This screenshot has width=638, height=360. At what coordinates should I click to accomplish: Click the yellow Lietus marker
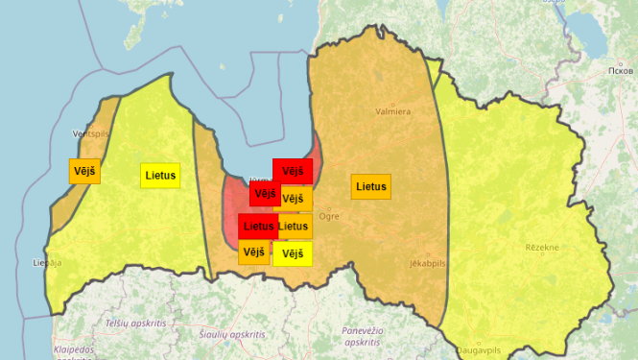[160, 176]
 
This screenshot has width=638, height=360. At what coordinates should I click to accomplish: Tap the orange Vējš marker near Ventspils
[84, 171]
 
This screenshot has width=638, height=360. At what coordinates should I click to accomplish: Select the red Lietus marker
[258, 227]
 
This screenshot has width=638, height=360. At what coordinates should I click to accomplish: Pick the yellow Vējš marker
[293, 253]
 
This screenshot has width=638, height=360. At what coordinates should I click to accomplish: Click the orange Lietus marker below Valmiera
[371, 186]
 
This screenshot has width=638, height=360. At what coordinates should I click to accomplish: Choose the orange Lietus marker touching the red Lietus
[295, 227]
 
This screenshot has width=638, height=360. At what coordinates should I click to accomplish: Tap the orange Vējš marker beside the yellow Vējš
[254, 252]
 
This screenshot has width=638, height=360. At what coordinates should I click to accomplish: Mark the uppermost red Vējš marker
[293, 171]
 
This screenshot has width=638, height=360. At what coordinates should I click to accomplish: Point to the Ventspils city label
[92, 133]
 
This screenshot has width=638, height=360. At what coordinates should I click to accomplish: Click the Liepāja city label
[46, 261]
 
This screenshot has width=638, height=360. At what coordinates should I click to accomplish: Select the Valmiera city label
[392, 111]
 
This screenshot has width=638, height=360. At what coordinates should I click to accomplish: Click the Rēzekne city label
[542, 247]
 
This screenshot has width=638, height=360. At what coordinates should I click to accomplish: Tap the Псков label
[622, 71]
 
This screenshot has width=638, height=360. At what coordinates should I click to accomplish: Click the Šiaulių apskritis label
[233, 334]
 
